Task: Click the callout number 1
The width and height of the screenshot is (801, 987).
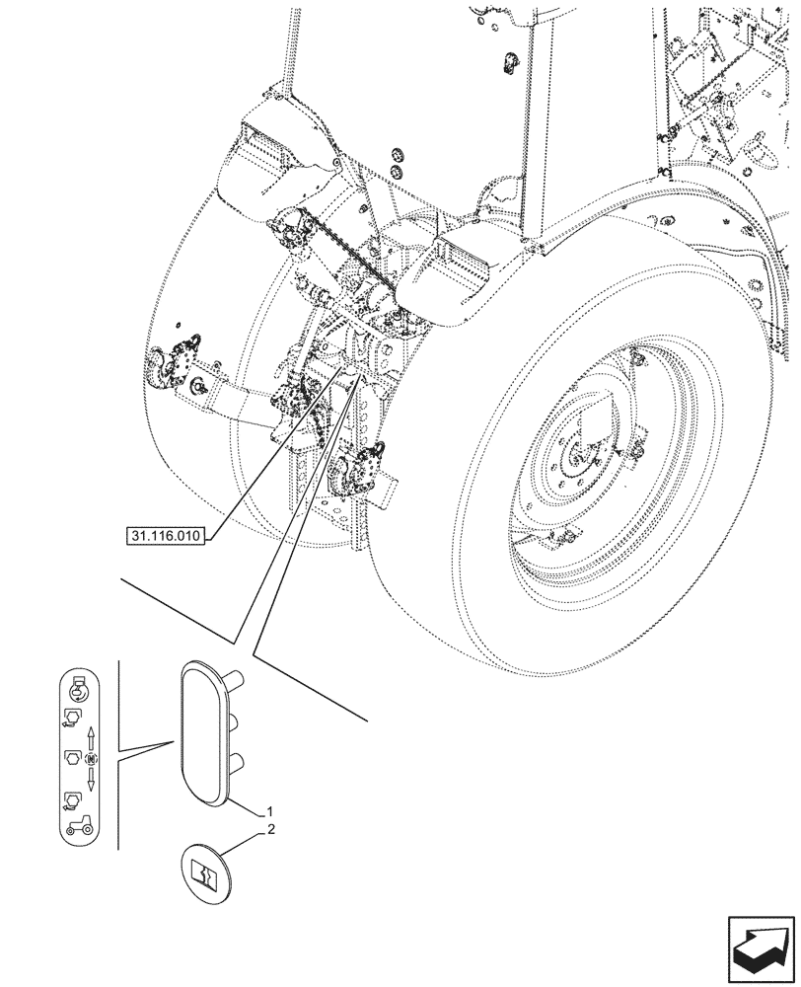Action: click(267, 811)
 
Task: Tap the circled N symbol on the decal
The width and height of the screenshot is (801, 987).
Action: click(91, 759)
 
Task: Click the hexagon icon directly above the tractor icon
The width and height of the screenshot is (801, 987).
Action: click(73, 799)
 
